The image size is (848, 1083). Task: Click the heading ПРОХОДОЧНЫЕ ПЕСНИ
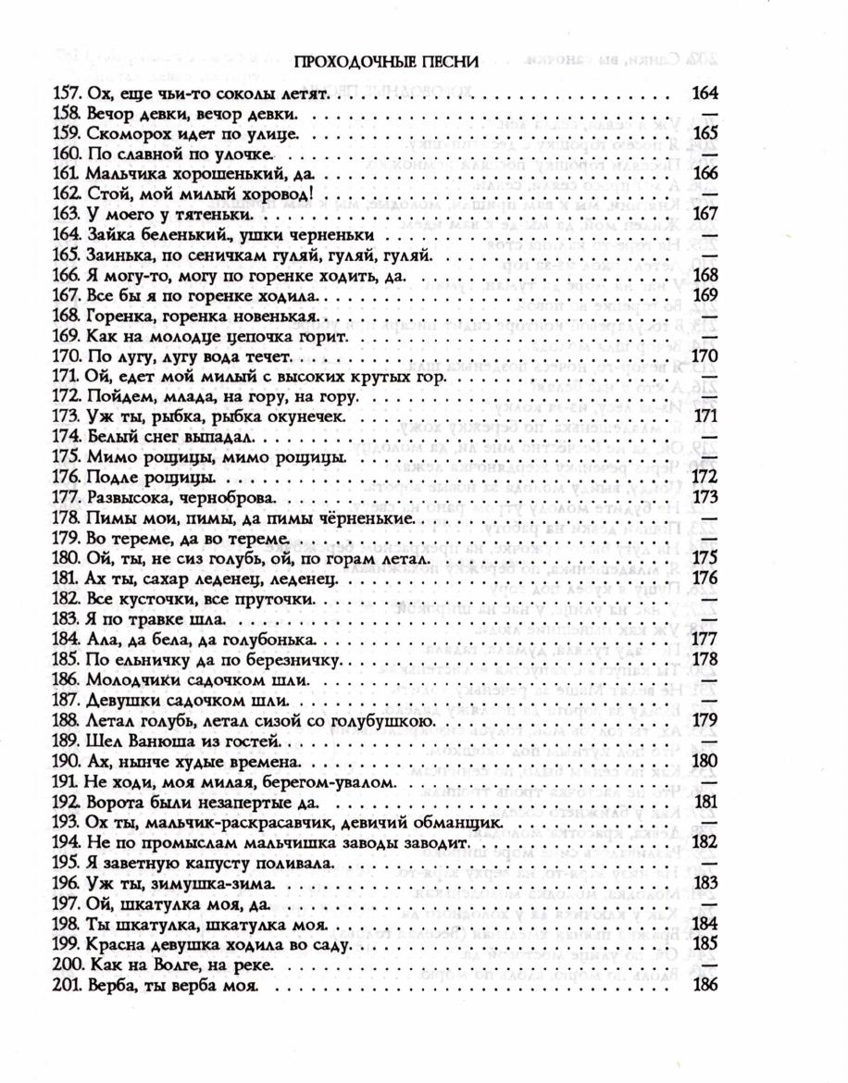point(385,63)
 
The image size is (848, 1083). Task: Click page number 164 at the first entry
point(705,93)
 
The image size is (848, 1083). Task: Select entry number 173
point(68,417)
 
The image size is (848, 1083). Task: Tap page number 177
point(705,640)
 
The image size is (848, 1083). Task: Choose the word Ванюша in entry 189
point(156,741)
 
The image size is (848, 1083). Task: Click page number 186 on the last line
point(705,985)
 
